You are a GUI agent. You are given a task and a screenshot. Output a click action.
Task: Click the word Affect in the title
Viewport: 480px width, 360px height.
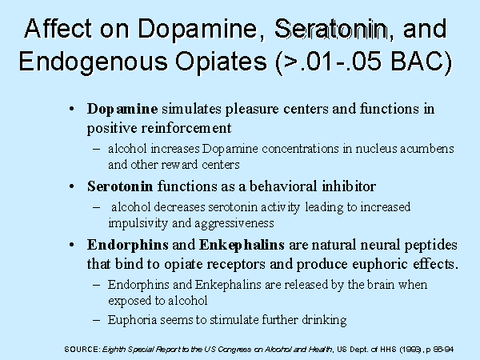(x=58, y=29)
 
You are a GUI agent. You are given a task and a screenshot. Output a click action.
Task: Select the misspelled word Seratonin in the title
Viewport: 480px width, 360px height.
(x=330, y=29)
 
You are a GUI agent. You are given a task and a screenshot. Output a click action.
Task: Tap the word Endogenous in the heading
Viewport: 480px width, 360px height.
(x=94, y=62)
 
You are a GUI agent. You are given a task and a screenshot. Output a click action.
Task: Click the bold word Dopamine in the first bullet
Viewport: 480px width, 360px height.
(x=122, y=109)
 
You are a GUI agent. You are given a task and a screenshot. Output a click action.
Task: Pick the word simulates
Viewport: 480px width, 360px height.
(x=191, y=109)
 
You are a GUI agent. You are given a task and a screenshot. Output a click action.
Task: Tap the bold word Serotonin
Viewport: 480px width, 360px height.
(x=120, y=186)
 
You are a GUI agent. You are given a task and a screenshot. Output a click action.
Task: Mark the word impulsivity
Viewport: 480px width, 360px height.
(x=138, y=223)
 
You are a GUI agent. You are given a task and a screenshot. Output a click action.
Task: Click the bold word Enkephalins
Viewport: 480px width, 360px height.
(x=242, y=245)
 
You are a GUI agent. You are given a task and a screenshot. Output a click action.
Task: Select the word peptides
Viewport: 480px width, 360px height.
(x=431, y=246)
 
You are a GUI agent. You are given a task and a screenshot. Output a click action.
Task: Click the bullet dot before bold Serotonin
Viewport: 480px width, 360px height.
(x=72, y=186)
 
